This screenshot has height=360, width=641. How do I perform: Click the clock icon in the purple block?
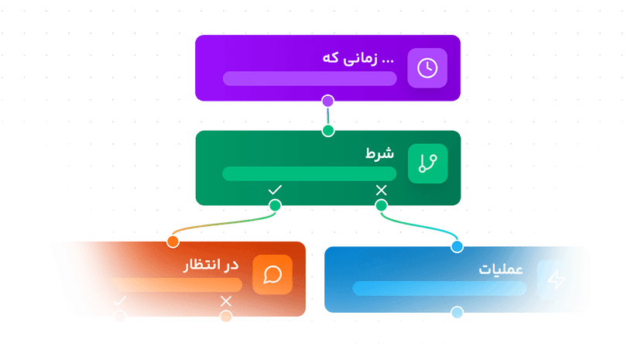coord(427,68)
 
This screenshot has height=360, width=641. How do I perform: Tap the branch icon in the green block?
coord(427,163)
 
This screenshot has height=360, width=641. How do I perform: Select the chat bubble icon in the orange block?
coord(272,275)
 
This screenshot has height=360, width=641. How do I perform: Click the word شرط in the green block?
coord(380,153)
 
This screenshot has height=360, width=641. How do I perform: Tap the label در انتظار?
coord(211,266)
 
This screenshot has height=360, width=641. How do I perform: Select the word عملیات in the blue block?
coord(501,270)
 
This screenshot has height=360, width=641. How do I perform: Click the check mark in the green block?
coord(275,190)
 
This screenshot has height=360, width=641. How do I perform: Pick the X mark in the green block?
coord(381,190)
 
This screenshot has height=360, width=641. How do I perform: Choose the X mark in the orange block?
coord(226,300)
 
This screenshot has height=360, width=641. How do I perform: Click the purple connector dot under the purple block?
coord(328,101)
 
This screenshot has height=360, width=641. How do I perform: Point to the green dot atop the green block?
coord(328,130)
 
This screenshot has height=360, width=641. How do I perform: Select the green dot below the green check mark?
coord(275,205)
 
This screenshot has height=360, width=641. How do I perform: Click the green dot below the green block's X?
coord(381,205)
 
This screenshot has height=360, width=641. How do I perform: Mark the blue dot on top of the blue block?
coord(457,246)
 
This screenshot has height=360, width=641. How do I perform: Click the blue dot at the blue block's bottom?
coord(457,313)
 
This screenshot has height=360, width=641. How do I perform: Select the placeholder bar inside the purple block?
coord(310,78)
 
